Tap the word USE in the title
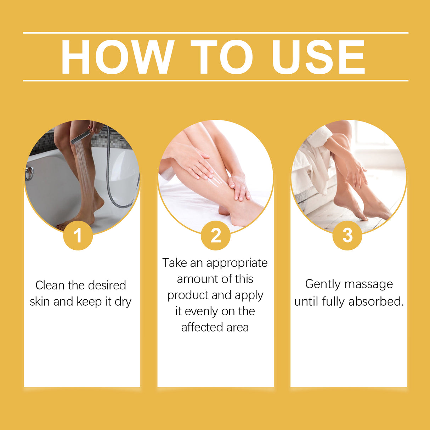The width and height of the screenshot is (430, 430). [318, 57]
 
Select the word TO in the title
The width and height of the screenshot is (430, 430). [222, 57]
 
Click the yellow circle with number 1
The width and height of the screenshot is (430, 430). [78, 236]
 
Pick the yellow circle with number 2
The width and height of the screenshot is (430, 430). [215, 236]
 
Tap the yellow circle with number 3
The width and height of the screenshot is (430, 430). [347, 236]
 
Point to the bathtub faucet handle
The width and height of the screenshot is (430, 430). [29, 174]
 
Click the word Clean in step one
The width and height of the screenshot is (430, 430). [50, 285]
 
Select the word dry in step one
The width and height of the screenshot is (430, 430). [123, 302]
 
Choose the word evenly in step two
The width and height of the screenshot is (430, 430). [202, 312]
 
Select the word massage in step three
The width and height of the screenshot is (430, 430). [368, 284]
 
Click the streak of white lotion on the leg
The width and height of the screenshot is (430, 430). [217, 181]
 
